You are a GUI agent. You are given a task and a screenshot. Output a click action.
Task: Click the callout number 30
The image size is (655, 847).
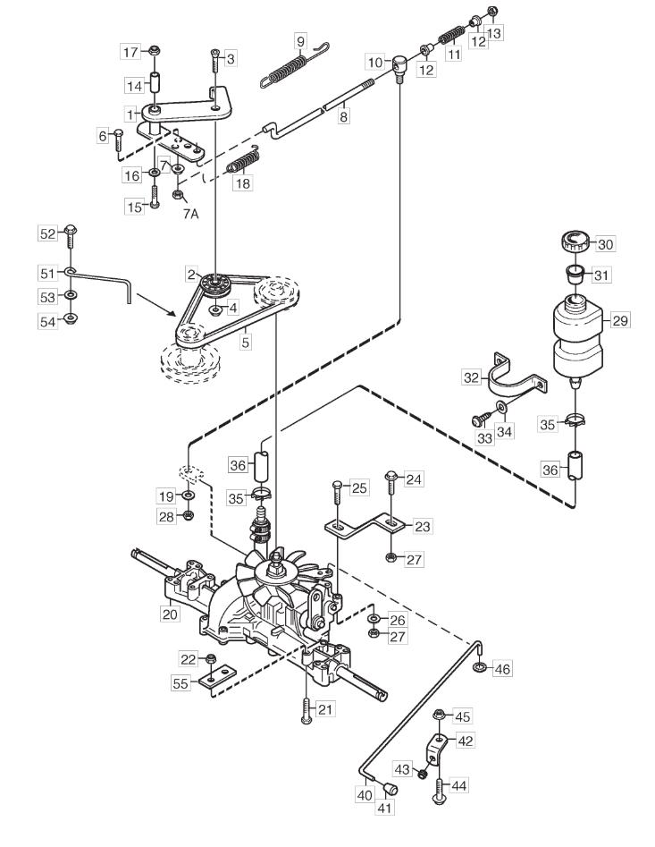tap(605, 244)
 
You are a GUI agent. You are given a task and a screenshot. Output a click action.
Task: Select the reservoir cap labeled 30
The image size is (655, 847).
tap(575, 241)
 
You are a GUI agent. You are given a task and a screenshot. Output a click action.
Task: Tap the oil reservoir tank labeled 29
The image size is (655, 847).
tap(577, 336)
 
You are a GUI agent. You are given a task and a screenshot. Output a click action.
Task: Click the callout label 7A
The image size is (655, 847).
tap(190, 214)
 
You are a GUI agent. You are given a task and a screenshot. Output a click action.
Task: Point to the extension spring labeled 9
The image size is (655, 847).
tap(294, 64)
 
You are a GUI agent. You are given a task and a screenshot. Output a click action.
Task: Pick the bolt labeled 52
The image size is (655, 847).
tap(70, 237)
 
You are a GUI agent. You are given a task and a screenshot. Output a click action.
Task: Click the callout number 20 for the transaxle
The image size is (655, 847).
tap(170, 614)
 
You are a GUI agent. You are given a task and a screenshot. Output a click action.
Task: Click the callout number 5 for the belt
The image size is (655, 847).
tap(246, 343)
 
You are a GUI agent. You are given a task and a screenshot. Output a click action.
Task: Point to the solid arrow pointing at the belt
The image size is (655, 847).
tap(155, 305)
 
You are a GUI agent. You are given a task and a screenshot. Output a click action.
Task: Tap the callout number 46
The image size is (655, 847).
tap(502, 669)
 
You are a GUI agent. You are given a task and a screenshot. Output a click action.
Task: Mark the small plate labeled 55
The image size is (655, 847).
tap(219, 676)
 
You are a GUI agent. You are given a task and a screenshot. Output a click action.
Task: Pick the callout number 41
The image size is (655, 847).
tap(384, 809)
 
